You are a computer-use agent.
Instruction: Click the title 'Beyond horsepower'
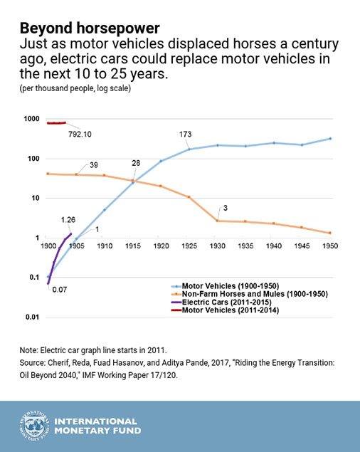click(x=90, y=28)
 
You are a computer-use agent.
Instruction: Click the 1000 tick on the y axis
click(x=31, y=119)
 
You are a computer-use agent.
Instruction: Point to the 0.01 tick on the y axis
click(x=31, y=317)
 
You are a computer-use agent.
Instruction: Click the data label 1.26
click(x=68, y=219)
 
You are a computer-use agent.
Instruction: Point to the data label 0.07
click(x=58, y=290)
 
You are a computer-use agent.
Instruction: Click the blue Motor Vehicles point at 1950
click(x=329, y=139)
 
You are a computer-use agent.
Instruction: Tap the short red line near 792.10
click(x=56, y=123)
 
